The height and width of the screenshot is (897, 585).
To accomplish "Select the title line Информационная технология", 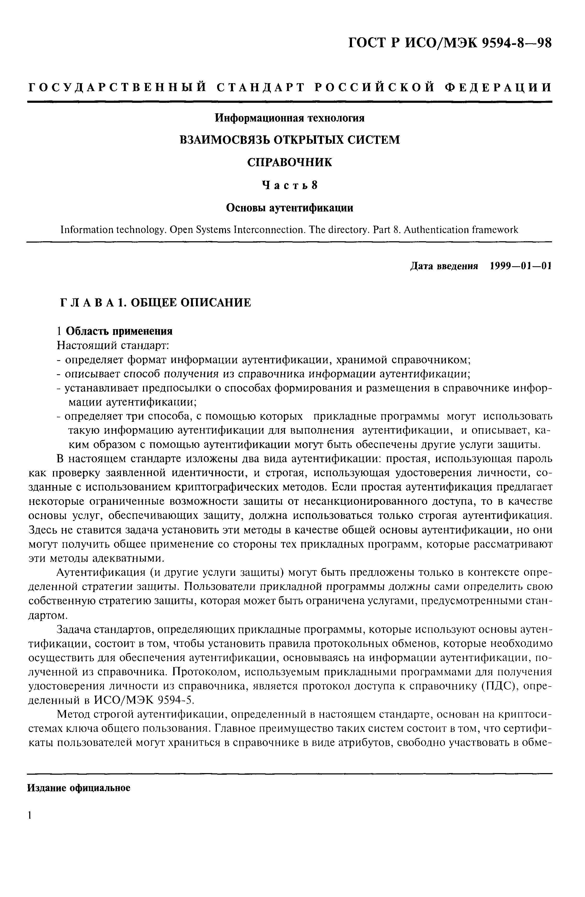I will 289,118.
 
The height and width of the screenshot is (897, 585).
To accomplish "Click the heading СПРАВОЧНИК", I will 289,162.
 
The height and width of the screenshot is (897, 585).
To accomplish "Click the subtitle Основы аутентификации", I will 289,208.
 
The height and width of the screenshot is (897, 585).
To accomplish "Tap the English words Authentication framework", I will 461,230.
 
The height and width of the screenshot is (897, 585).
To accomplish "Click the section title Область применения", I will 119,331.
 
